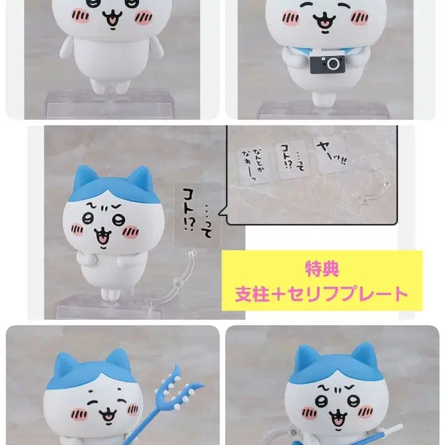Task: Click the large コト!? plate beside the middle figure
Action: pyautogui.click(x=196, y=212)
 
